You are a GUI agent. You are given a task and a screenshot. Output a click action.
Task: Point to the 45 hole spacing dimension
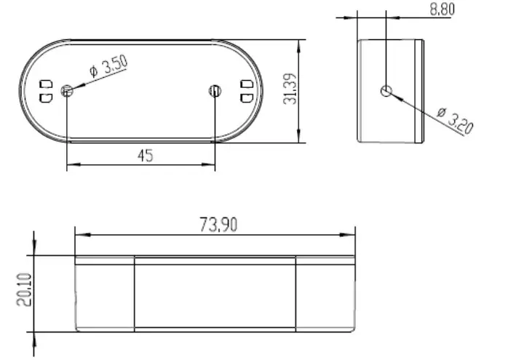click(145, 155)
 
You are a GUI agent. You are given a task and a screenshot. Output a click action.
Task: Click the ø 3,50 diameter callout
click(108, 68)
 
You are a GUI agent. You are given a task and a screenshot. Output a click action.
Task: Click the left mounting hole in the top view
click(67, 91)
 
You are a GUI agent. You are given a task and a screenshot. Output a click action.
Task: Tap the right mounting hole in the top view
click(214, 91)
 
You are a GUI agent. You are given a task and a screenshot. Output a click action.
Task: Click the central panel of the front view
click(215, 295)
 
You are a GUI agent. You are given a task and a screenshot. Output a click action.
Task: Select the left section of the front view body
click(105, 295)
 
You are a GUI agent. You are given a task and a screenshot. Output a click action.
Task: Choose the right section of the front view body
click(325, 295)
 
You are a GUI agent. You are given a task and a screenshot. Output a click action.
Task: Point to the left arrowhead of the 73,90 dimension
click(81, 235)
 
